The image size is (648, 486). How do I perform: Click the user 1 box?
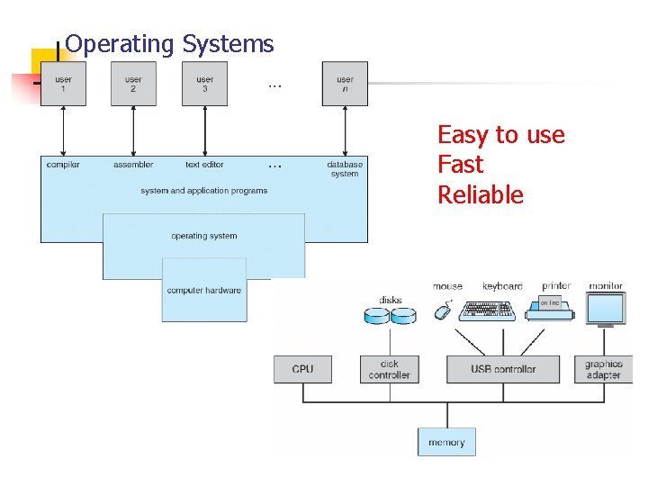click(63, 84)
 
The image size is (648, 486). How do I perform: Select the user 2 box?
click(133, 84)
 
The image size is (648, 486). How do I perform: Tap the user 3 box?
click(204, 84)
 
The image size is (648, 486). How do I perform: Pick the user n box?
click(345, 84)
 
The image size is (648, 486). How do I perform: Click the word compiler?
click(63, 165)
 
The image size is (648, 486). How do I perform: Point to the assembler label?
click(133, 165)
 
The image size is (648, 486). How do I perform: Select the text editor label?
click(204, 165)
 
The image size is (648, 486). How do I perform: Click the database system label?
click(345, 169)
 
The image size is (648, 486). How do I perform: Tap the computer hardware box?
click(204, 290)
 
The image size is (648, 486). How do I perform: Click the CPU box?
click(303, 369)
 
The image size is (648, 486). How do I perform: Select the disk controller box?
click(390, 369)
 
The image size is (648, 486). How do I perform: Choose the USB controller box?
click(502, 369)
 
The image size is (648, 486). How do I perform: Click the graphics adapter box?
click(603, 369)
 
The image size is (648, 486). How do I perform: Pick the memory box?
click(446, 442)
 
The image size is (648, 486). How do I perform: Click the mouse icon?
click(442, 311)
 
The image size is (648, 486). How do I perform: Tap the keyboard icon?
click(486, 311)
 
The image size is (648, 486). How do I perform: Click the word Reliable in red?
click(480, 195)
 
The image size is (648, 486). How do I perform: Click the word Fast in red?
click(460, 165)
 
